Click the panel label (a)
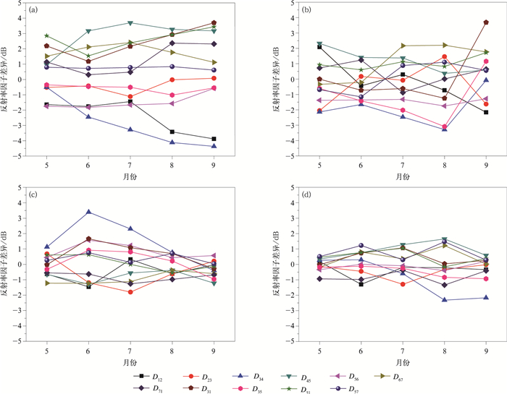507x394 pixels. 33,11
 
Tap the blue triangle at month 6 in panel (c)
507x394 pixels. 89,212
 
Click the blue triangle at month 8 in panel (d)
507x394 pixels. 445,300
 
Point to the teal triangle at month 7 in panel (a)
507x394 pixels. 130,23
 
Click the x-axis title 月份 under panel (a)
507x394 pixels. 130,176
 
